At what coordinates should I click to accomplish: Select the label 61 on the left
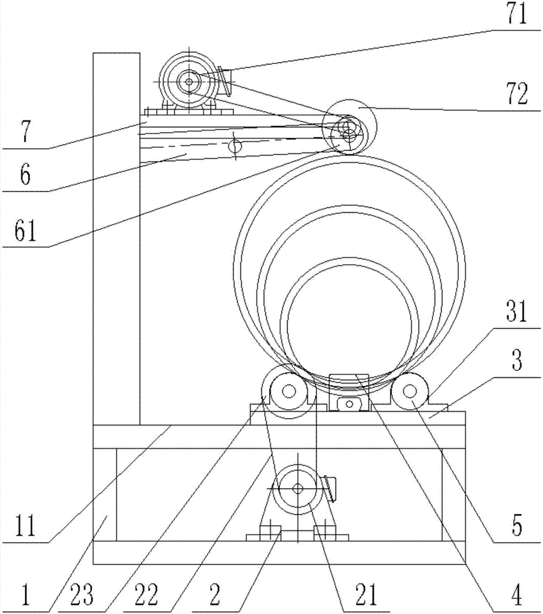click(24, 231)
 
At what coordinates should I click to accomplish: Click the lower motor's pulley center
click(298, 489)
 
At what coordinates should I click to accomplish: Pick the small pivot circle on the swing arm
click(234, 146)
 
